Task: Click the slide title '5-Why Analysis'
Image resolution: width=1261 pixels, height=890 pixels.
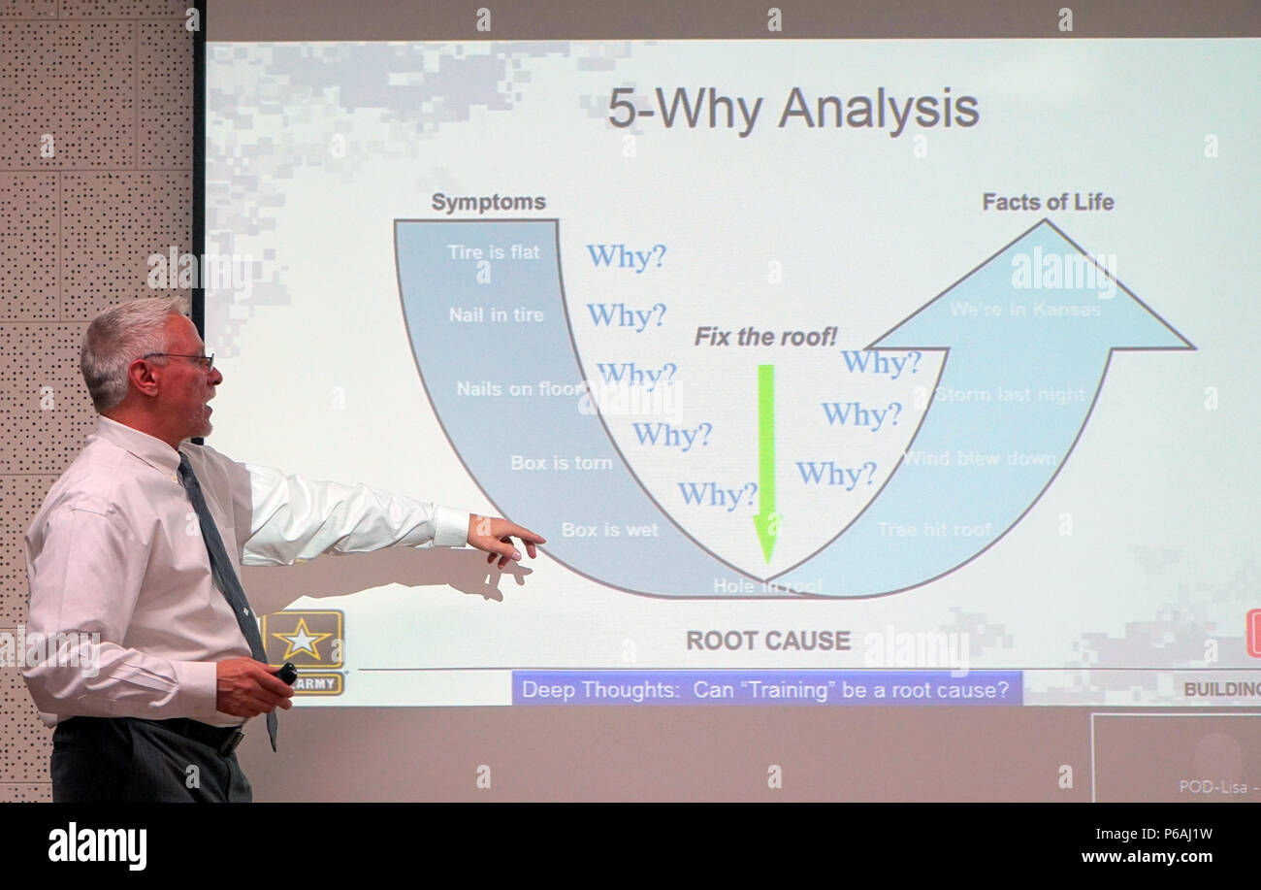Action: [x=792, y=109]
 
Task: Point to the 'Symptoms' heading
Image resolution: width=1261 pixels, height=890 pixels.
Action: [x=488, y=203]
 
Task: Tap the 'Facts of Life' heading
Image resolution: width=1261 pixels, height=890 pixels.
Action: [x=1048, y=202]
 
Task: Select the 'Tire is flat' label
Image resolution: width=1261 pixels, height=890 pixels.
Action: [x=493, y=252]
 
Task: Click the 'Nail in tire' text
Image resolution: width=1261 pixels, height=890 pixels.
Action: [x=496, y=315]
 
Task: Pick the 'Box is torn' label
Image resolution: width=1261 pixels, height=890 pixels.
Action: [x=561, y=463]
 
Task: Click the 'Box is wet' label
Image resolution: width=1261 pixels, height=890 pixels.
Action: [x=609, y=530]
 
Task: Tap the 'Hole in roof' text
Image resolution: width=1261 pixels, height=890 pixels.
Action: [x=767, y=586]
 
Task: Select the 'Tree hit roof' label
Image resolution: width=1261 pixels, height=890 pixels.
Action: [x=933, y=530]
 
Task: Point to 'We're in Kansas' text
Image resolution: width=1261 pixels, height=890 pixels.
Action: [x=1025, y=310]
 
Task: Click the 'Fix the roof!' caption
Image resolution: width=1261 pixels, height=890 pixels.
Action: [x=765, y=337]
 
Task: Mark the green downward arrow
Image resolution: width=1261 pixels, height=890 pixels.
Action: [x=766, y=461]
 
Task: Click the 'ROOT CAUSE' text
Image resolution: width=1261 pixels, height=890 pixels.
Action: [x=767, y=641]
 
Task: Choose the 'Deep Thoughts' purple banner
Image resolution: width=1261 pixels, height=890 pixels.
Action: [x=765, y=690]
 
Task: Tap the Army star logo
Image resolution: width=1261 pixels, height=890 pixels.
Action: [x=302, y=640]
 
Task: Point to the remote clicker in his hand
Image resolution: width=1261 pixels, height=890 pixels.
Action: [x=285, y=672]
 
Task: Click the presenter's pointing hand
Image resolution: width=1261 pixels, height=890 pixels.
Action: [x=503, y=538]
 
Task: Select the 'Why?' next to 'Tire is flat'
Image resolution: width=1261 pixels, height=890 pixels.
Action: [x=626, y=256]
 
